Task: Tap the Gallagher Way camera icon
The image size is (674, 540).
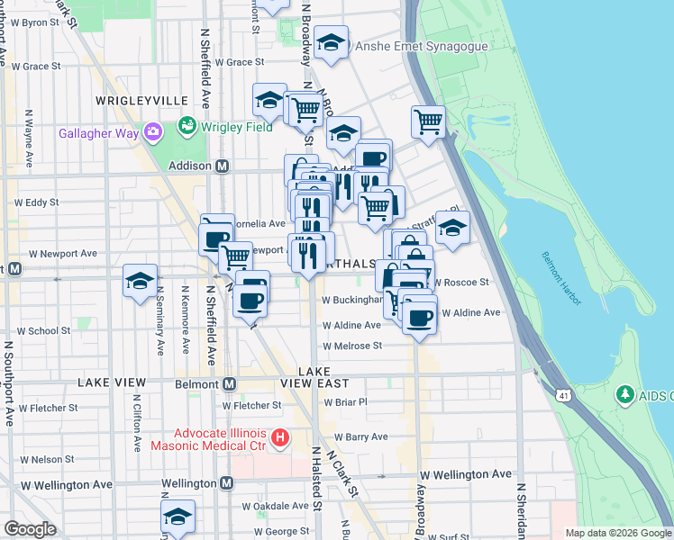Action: click(x=151, y=132)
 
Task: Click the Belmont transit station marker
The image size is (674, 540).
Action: click(x=229, y=384)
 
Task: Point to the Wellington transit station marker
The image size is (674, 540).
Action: click(x=226, y=483)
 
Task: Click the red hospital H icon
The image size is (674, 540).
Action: click(x=280, y=438)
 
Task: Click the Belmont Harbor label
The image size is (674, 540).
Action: click(x=563, y=269)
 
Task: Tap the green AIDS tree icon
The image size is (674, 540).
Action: click(x=624, y=395)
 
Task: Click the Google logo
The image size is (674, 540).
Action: click(x=30, y=529)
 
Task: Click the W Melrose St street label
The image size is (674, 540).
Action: click(x=353, y=345)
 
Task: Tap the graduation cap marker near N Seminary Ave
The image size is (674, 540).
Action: click(x=141, y=281)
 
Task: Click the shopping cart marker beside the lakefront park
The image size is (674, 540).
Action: click(x=429, y=121)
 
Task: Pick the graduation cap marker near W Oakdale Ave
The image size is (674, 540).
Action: click(x=178, y=517)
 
